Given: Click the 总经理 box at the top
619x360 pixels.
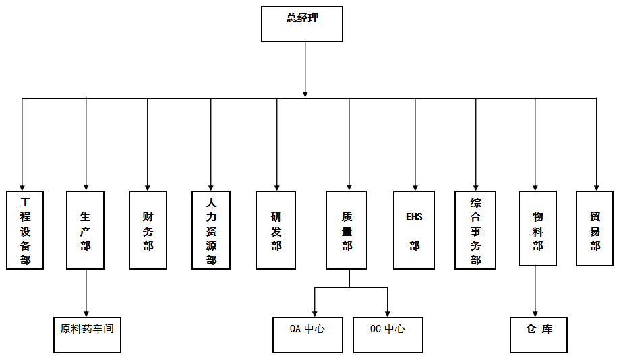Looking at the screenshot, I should click(302, 24).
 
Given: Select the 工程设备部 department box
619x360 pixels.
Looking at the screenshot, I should click(25, 230).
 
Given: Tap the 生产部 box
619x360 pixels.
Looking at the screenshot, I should click(85, 230).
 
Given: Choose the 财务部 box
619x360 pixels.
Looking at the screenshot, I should click(148, 230).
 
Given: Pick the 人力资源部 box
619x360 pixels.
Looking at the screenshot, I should click(211, 230).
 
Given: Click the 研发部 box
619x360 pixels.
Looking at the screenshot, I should click(276, 230).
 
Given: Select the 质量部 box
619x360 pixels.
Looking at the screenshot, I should click(347, 230).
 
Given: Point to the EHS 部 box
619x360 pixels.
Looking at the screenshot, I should click(414, 230).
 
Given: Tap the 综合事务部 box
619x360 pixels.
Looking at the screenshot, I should click(475, 230).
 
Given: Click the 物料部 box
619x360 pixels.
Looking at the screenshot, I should click(537, 228).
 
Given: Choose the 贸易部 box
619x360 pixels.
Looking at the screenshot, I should click(595, 228).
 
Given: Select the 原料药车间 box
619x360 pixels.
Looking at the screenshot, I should click(87, 334).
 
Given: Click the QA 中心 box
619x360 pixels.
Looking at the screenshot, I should click(307, 334).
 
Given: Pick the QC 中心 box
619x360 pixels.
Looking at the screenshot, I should click(388, 334).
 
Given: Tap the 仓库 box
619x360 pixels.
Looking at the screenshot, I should click(539, 334).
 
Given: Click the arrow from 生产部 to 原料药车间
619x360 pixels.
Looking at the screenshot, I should click(86, 293).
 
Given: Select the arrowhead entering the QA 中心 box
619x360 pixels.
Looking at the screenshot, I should click(315, 312).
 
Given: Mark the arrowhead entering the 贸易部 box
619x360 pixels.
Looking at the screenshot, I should click(596, 187).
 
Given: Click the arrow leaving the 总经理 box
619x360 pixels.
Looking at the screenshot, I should click(305, 67).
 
